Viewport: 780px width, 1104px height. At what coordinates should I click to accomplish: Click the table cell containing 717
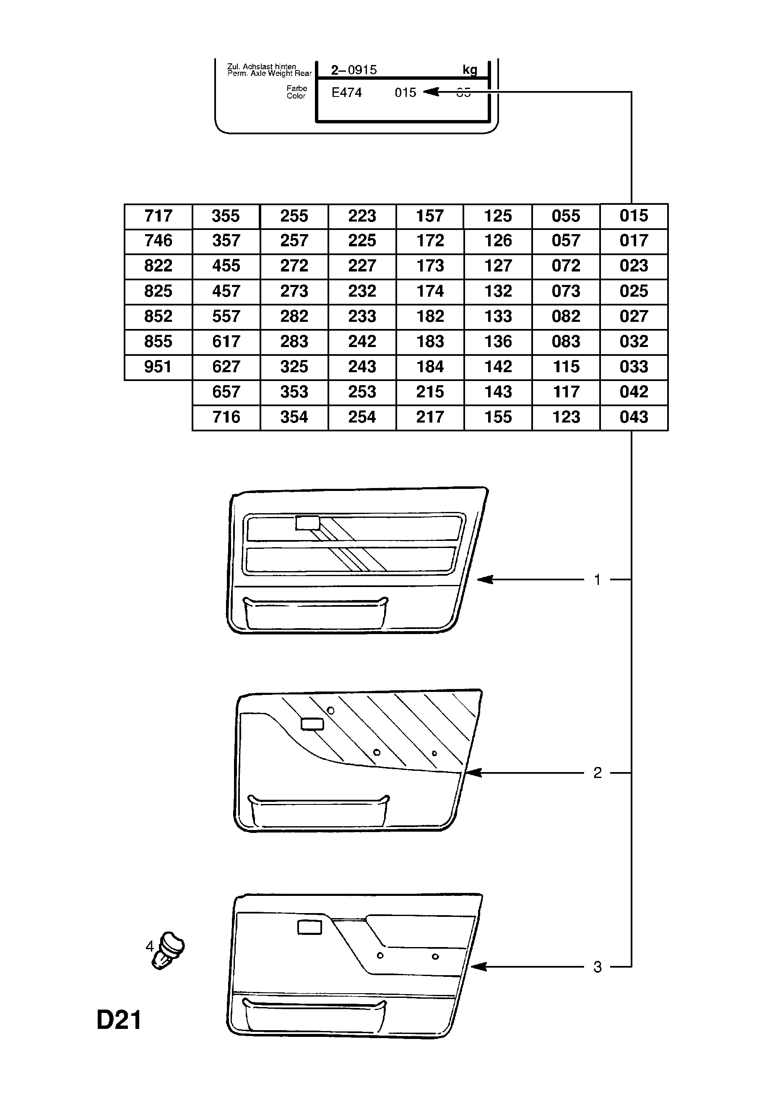click(158, 216)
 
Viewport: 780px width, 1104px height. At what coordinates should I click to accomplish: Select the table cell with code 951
click(158, 367)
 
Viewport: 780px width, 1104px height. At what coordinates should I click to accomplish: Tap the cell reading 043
click(634, 417)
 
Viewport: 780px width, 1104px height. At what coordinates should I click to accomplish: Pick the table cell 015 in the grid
click(634, 216)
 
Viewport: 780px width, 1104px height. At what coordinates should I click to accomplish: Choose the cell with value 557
click(226, 316)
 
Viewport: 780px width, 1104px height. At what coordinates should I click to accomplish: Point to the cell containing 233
click(362, 316)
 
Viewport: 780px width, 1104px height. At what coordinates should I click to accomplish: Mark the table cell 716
click(226, 417)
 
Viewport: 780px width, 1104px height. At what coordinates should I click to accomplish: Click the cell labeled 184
click(430, 367)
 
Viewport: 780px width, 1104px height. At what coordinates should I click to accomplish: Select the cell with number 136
click(498, 342)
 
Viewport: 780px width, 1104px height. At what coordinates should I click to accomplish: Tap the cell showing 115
click(566, 367)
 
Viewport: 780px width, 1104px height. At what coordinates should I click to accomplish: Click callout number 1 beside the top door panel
click(598, 580)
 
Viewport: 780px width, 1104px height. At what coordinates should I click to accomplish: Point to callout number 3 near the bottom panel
click(598, 966)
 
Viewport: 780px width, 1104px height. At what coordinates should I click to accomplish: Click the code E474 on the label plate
click(346, 92)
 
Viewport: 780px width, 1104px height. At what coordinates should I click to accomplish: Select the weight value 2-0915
click(354, 70)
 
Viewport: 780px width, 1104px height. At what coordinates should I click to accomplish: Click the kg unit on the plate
click(470, 70)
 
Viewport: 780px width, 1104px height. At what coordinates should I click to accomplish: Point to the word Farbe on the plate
click(297, 89)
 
